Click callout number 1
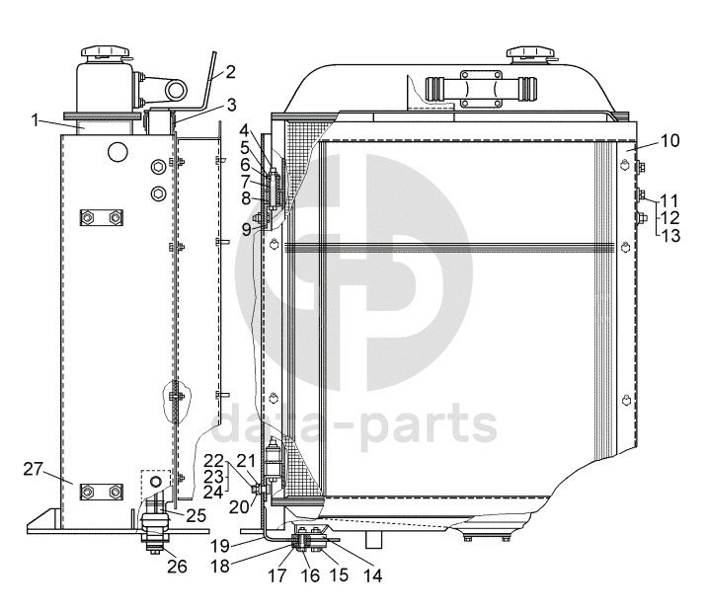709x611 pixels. coord(36,120)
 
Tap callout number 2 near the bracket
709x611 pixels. coord(230,72)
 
